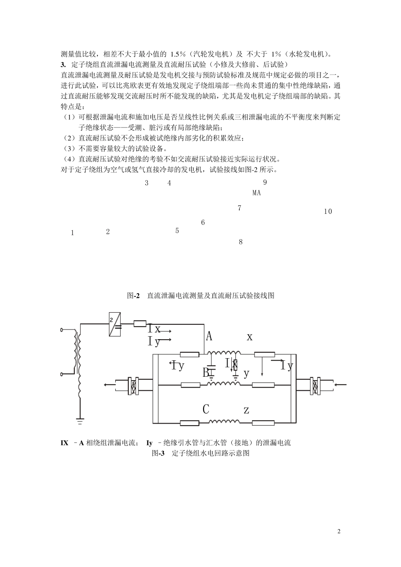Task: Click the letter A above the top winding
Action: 209,336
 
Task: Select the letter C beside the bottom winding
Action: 206,409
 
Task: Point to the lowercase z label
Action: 247,410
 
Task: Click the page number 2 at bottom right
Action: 339,531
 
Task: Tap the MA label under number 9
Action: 257,193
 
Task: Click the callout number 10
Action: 328,211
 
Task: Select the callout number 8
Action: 241,242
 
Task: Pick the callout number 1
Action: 73,232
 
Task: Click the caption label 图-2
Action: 133,296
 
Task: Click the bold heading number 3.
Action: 63,65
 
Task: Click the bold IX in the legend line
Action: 65,443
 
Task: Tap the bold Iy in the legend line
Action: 149,443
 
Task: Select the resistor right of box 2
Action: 140,324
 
